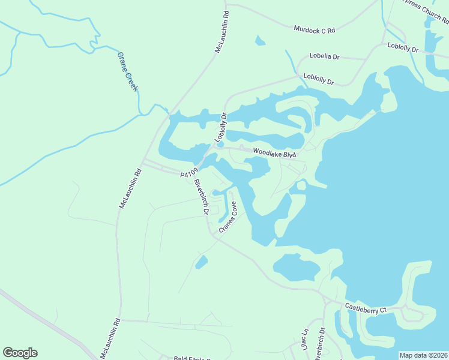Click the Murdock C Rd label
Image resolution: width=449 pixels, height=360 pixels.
[x=314, y=29]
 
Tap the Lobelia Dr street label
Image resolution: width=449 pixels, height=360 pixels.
[x=325, y=56]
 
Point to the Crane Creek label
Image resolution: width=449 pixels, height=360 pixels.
[x=127, y=71]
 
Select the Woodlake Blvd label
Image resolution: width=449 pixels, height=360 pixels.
[x=274, y=154]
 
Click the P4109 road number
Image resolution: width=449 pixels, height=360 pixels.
[x=188, y=173]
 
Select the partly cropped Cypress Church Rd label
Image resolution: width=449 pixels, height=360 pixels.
[x=424, y=11]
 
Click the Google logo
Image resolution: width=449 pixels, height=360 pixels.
[x=20, y=353]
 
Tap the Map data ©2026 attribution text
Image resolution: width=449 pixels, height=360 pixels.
[x=423, y=355]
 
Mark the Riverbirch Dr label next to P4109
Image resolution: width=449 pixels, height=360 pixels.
[x=200, y=197]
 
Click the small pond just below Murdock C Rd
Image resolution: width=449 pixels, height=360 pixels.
[x=260, y=41]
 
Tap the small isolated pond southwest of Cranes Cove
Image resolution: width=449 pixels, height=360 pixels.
[x=201, y=262]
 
